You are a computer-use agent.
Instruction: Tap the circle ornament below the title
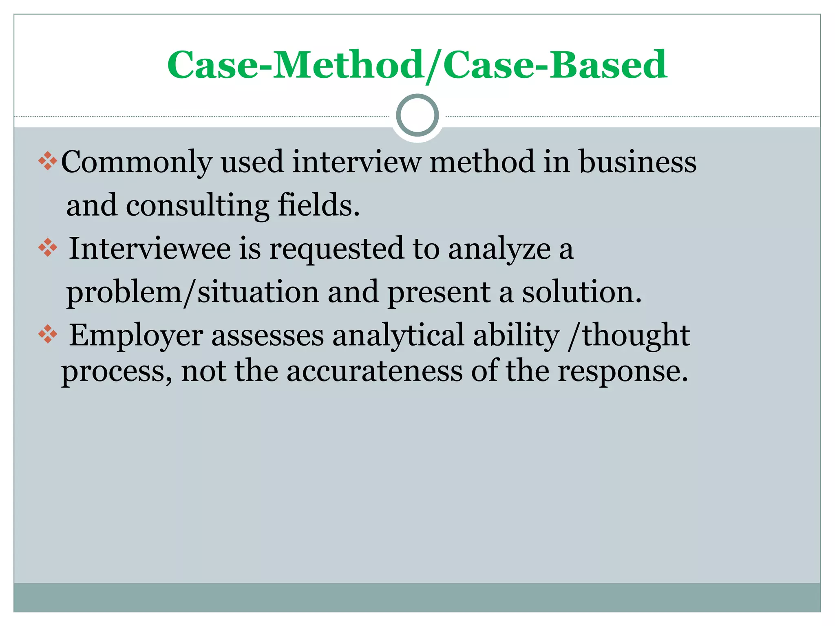tap(417, 115)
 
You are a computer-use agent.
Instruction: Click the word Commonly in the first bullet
tap(137, 163)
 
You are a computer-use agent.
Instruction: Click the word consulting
tap(197, 206)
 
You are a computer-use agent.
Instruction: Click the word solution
tap(582, 292)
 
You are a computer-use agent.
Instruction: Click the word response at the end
tap(623, 372)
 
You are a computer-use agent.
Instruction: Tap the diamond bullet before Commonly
tap(48, 161)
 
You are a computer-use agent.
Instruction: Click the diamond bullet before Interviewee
tap(48, 248)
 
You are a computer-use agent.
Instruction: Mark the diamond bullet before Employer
tap(48, 335)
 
